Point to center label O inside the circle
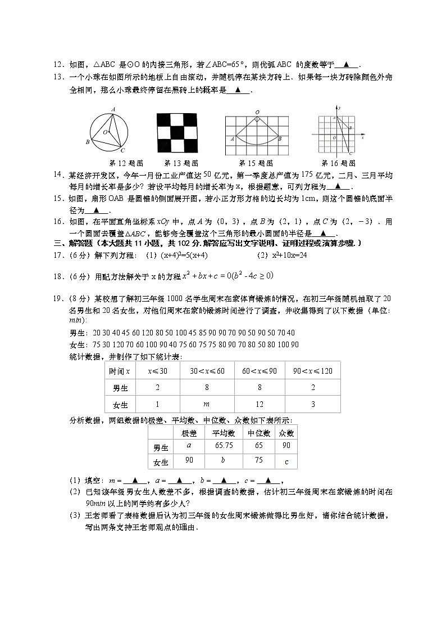pyautogui.click(x=104, y=132)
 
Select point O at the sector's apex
pyautogui.click(x=257, y=112)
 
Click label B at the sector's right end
pyautogui.click(x=281, y=138)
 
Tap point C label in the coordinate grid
pyautogui.click(x=351, y=153)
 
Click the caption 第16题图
pyautogui.click(x=336, y=163)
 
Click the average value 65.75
pyautogui.click(x=224, y=446)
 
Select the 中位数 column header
pyautogui.click(x=260, y=433)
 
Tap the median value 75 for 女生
pyautogui.click(x=260, y=461)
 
